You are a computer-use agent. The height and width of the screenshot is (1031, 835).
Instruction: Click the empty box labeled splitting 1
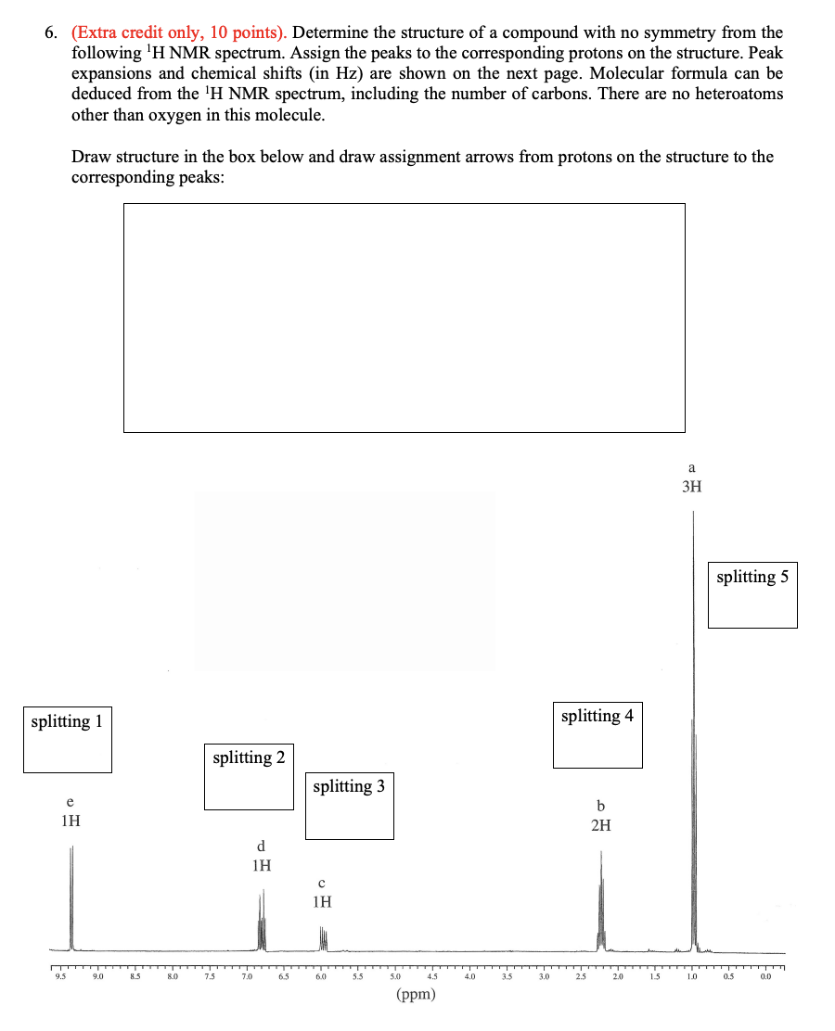(x=68, y=740)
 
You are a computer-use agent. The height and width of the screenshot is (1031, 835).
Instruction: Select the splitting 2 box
(x=249, y=777)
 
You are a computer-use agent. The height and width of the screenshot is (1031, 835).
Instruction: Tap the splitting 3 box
(x=350, y=806)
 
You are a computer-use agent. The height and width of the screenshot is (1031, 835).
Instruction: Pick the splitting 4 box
(x=597, y=735)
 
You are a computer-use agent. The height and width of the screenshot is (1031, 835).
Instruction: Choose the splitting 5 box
(x=752, y=594)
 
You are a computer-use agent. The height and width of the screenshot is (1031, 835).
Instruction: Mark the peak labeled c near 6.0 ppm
(x=324, y=938)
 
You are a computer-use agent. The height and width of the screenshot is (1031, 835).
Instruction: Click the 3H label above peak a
(x=691, y=487)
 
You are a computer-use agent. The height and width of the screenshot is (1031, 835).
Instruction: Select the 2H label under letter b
(x=601, y=825)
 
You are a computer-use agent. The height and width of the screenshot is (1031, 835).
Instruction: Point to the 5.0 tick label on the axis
(x=394, y=976)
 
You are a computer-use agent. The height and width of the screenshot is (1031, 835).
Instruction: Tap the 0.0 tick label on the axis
(x=765, y=976)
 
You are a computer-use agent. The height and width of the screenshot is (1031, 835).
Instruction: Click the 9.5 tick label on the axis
(x=61, y=976)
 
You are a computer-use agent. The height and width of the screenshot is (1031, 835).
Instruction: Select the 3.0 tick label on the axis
(x=544, y=976)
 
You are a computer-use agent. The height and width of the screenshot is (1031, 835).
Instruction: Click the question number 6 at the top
(x=51, y=33)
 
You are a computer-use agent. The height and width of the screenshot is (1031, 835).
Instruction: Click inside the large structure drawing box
(x=404, y=317)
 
